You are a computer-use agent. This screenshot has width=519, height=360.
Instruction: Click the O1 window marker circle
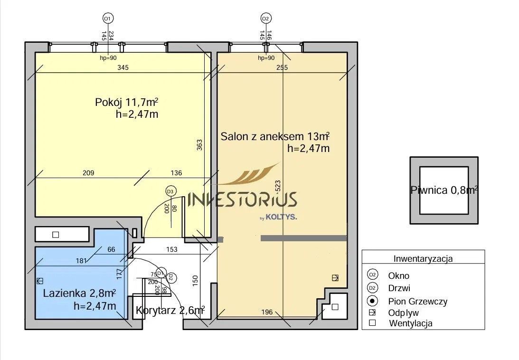pos(108,19)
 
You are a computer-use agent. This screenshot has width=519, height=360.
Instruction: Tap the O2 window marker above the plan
pos(266,19)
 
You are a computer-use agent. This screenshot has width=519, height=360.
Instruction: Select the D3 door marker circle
pos(170,191)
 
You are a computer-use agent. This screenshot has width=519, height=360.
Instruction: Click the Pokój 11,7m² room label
pos(126,102)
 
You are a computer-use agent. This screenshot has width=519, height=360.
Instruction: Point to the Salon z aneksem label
pos(275,136)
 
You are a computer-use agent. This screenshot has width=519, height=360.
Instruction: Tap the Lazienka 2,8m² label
pos(79,293)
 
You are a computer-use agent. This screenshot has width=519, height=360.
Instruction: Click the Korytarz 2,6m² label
pos(170,310)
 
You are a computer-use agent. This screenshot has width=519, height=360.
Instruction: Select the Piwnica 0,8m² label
pos(444,190)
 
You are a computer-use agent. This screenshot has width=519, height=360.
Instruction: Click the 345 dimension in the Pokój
pos(123,67)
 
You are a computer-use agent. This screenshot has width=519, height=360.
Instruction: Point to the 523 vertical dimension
pos(278,186)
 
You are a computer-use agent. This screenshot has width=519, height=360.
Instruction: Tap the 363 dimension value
pos(199,145)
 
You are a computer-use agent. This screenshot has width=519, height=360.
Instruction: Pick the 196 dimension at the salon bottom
pos(267,312)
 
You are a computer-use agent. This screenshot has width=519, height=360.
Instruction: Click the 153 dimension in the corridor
pos(172,249)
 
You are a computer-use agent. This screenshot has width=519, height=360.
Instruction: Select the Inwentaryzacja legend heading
pos(423,259)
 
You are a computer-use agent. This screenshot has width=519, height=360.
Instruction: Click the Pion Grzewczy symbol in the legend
pos(373,301)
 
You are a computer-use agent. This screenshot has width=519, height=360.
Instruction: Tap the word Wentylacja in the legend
pos(411,323)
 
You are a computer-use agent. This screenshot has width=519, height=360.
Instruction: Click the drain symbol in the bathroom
pos(40,281)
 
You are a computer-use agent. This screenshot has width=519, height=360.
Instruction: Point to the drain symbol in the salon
pos(335,277)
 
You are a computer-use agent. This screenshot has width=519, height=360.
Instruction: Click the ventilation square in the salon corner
pos(335,307)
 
